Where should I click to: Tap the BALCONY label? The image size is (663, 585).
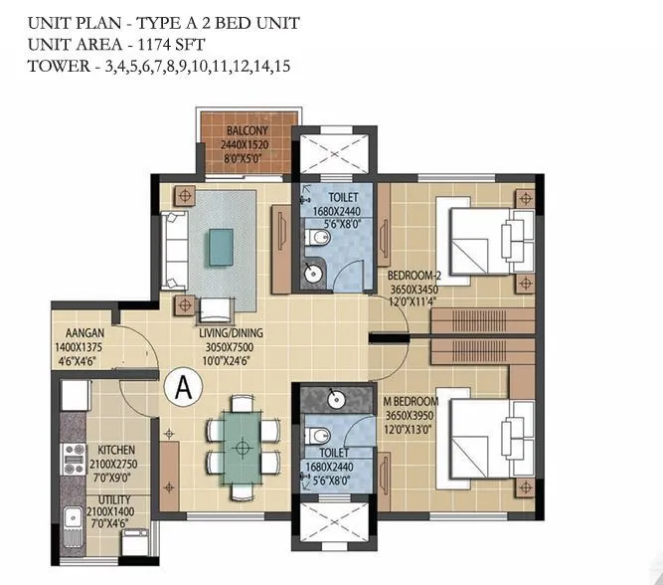click(245, 130)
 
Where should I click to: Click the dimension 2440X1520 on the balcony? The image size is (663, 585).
click(245, 145)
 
